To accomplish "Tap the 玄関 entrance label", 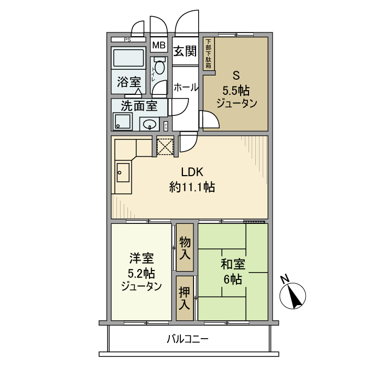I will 185,51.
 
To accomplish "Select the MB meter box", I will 158,45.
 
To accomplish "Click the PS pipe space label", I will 127,40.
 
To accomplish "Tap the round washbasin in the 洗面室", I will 151,124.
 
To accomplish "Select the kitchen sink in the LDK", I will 123,172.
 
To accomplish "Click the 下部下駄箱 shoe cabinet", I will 209,53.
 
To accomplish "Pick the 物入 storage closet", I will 184,248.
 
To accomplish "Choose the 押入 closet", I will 184,298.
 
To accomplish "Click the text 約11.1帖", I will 192,187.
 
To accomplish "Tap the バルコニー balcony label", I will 188,339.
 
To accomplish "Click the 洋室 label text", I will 141,258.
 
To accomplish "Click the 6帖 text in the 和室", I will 232,279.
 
